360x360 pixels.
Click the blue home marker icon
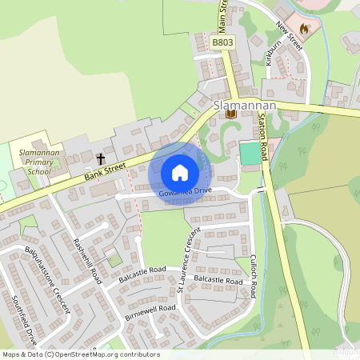coord(180,173)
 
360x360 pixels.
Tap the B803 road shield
coord(222,42)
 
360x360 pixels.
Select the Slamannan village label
coord(245,105)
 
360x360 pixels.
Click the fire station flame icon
coord(304,26)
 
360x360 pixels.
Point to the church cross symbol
coord(101,158)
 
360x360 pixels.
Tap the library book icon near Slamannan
coord(230,114)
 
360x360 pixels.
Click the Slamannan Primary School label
coord(38,161)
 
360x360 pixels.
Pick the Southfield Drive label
coord(25,321)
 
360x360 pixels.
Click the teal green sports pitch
coord(250,152)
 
